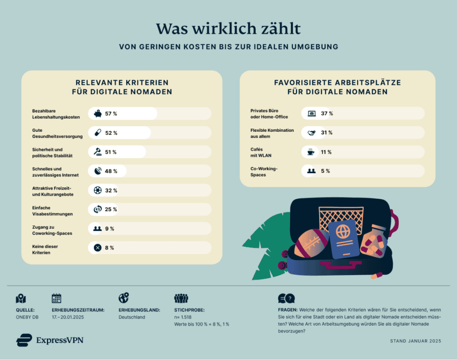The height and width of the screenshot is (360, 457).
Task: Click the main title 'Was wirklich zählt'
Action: tap(228, 28)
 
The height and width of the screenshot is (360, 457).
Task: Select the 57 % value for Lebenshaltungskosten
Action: tap(111, 114)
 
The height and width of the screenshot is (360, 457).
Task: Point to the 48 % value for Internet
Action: tap(111, 171)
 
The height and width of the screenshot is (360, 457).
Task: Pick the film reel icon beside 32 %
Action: tap(98, 190)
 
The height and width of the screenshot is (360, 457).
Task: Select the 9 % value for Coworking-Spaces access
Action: tap(109, 229)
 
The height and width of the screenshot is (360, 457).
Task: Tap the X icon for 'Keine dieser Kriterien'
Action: tap(98, 247)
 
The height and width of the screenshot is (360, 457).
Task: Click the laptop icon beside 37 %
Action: tap(311, 113)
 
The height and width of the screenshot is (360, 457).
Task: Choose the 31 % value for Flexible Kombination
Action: tap(327, 133)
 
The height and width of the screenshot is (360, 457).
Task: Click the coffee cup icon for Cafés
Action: tap(311, 152)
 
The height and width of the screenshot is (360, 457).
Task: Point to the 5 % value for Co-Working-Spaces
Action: tap(325, 171)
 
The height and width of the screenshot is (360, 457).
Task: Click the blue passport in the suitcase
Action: tap(344, 239)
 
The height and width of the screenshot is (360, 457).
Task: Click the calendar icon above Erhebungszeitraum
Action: tap(57, 298)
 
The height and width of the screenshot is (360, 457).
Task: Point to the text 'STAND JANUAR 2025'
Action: tap(415, 341)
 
